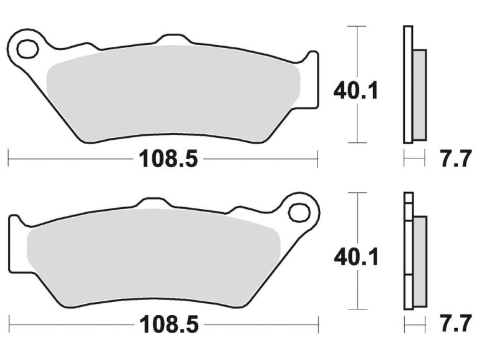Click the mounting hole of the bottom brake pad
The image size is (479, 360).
(299, 212)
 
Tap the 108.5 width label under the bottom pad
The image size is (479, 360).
(168, 324)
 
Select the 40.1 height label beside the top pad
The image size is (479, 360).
(356, 91)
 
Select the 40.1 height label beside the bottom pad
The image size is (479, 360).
(356, 256)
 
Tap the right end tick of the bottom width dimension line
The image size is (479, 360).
(318, 324)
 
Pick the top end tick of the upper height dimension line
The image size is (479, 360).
(356, 27)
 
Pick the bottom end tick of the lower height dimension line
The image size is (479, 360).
(356, 309)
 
